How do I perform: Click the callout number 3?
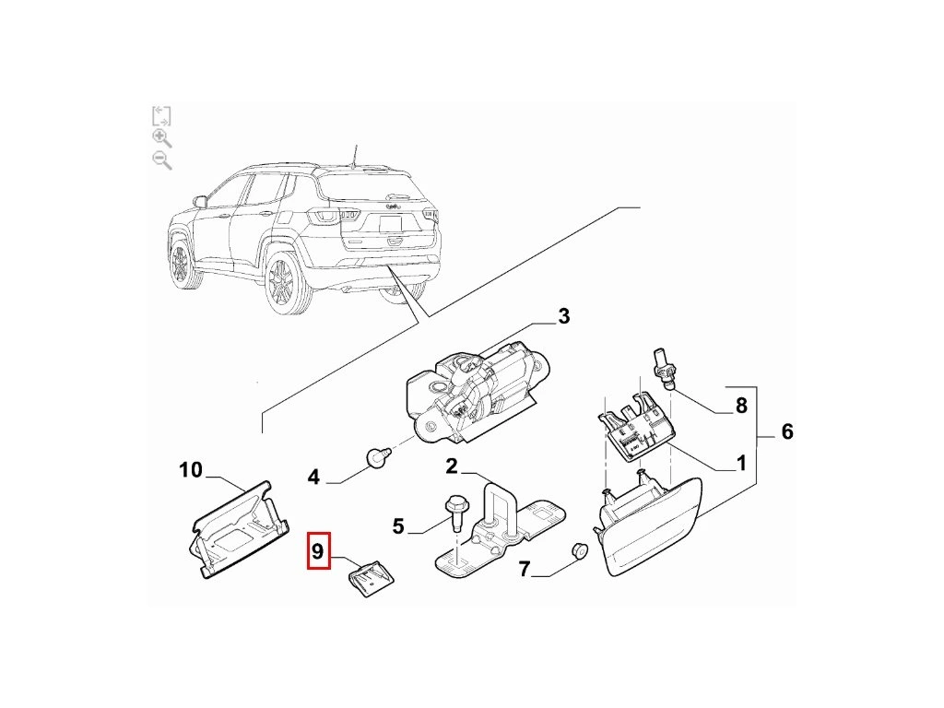(x=563, y=316)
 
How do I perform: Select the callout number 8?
(x=741, y=406)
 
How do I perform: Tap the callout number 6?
(x=787, y=431)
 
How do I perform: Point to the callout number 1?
(x=741, y=463)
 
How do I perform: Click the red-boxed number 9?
(x=318, y=551)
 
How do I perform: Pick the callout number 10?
(x=191, y=469)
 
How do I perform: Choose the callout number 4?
(x=313, y=478)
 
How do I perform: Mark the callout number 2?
(x=452, y=466)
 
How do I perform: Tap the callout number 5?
(x=398, y=526)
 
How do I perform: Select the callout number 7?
(x=525, y=569)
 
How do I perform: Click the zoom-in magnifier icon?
(x=162, y=138)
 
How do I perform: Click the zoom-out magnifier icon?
(x=162, y=160)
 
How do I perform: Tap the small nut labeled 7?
(x=579, y=550)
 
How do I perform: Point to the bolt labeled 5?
(x=455, y=513)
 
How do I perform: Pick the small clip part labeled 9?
(x=372, y=578)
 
